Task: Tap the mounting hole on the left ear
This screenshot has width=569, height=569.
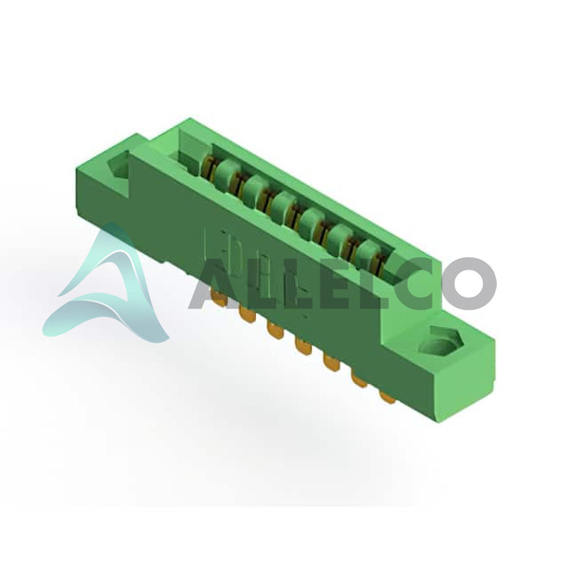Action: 119,165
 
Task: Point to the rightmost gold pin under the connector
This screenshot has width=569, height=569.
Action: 388,396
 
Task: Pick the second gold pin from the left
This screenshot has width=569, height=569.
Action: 248,314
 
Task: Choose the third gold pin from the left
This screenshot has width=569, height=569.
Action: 275,330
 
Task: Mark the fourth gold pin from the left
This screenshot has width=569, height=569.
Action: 303,346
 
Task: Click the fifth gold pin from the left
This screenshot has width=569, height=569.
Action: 332,363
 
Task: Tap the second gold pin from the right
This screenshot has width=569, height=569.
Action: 359,379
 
